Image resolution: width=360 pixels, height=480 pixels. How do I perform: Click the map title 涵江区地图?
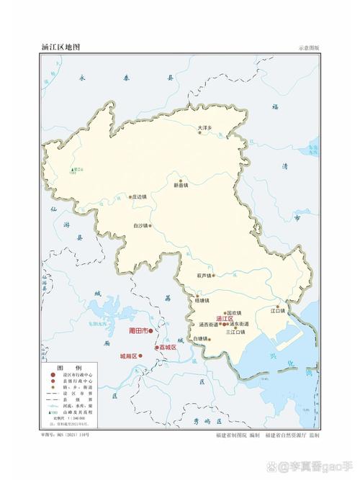[x=60, y=47]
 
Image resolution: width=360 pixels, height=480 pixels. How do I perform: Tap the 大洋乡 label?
[x=207, y=127]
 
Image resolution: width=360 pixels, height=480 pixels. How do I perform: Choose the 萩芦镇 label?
[x=204, y=275]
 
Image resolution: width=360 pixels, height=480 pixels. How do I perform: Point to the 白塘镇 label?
[x=199, y=338]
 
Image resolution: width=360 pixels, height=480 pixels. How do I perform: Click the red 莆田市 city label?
[x=137, y=330]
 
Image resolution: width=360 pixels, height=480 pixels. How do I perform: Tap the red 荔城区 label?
[x=168, y=348]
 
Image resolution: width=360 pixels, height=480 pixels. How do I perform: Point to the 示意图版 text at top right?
[x=308, y=48]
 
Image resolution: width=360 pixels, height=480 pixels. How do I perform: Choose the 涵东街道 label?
[x=240, y=325]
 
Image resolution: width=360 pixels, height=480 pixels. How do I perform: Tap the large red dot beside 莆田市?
[x=151, y=331]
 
